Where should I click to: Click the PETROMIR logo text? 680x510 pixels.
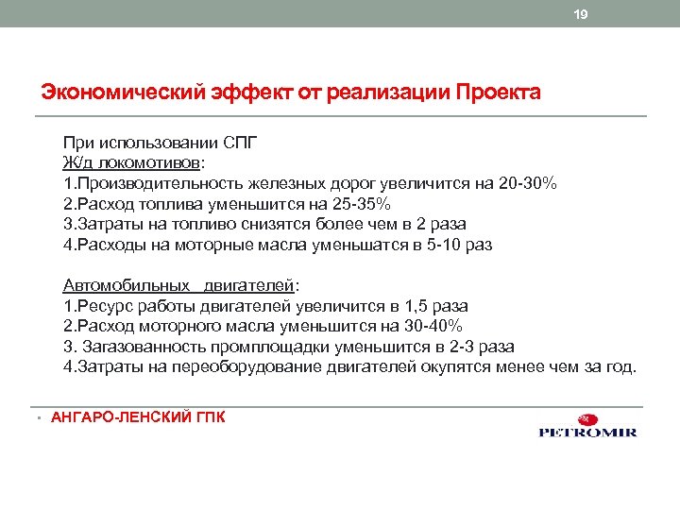[x=586, y=433]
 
